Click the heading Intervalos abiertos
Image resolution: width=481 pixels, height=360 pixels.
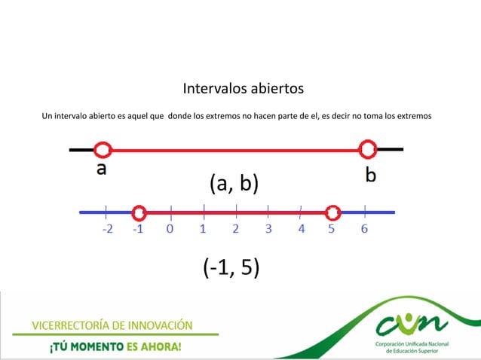[243, 90]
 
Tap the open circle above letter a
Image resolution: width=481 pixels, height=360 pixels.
[103, 149]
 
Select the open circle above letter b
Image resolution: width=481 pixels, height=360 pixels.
[368, 148]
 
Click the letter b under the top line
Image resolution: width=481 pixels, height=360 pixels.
[371, 174]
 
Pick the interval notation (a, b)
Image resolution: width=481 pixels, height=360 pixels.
[233, 183]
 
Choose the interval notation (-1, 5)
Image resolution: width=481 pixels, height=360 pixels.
[231, 267]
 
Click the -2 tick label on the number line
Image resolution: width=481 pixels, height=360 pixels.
[109, 230]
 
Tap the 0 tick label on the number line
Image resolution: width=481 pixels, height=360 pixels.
[170, 230]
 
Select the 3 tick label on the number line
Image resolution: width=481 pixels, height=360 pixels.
[268, 230]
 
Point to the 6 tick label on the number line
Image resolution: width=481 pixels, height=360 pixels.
[364, 230]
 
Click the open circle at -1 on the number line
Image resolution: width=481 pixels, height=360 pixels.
[138, 213]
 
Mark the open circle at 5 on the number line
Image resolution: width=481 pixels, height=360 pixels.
[332, 213]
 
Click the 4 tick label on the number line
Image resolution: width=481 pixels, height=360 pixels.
[301, 230]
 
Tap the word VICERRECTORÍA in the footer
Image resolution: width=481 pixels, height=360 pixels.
[72, 325]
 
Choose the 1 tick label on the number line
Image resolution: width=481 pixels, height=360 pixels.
[203, 230]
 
